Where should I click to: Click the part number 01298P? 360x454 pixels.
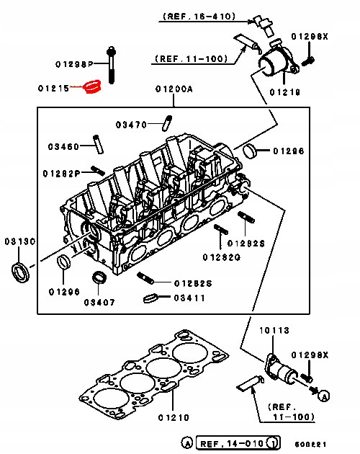tap(76, 64)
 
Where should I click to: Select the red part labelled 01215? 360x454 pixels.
tap(92, 87)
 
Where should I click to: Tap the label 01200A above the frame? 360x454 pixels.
tap(174, 90)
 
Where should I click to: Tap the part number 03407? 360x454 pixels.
tap(100, 302)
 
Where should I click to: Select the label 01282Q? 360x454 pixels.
tap(220, 257)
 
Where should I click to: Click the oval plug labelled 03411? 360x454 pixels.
tap(150, 298)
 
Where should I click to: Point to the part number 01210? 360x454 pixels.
tap(174, 418)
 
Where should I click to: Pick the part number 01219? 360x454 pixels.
tap(285, 92)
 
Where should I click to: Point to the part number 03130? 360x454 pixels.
tap(19, 241)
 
